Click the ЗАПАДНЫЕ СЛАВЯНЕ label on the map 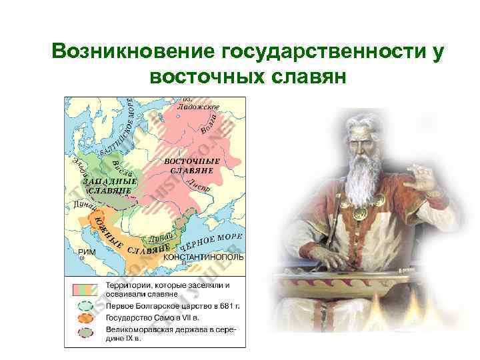pyautogui.click(x=110, y=185)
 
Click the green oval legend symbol pyautogui.click(x=85, y=305)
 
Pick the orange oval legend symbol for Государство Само pyautogui.click(x=85, y=317)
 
